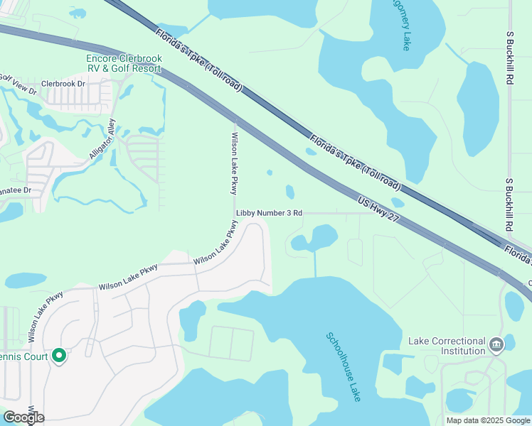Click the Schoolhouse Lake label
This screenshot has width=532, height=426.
pos(344,367)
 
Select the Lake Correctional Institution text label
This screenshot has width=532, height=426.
pos(447,346)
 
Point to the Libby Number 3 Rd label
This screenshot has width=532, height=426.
pos(270,213)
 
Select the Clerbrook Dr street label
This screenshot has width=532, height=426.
pos(63,83)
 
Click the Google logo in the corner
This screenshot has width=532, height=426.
pos(23,417)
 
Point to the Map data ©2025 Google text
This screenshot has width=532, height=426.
pos(487,420)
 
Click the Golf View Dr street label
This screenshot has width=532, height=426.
pos(18,85)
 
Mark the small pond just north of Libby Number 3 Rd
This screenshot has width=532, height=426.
pos(289,192)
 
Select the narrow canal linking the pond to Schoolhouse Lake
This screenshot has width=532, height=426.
pos(315,264)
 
